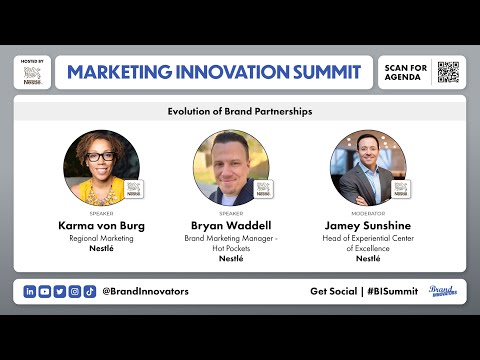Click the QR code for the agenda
[448, 72]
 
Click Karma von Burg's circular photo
[101, 167]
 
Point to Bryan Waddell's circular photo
[231, 167]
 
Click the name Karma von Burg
[101, 225]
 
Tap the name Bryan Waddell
[231, 225]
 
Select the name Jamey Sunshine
[368, 225]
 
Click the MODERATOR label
[368, 213]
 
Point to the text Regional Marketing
[101, 238]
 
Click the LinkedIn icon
[30, 291]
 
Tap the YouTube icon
[45, 291]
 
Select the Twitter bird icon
[60, 291]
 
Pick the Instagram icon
[75, 291]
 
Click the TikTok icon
[90, 291]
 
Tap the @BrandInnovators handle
[145, 291]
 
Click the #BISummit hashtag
[392, 291]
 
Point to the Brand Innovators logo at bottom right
[443, 291]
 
